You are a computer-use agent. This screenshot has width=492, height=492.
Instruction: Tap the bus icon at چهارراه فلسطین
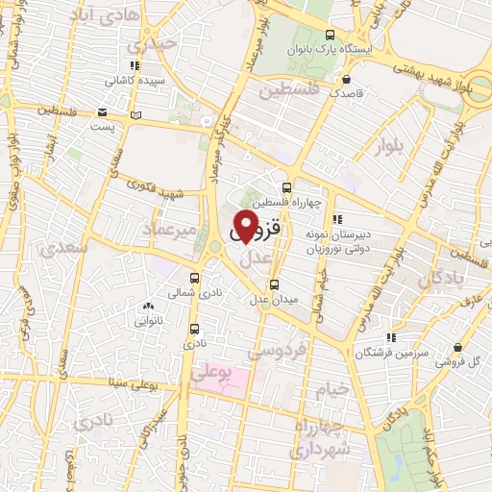pyautogui.click(x=285, y=187)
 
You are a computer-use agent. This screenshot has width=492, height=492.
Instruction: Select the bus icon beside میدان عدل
pyautogui.click(x=275, y=284)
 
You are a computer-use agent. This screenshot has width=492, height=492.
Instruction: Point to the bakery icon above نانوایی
pyautogui.click(x=147, y=307)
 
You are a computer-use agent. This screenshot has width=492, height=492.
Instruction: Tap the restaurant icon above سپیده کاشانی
pyautogui.click(x=135, y=65)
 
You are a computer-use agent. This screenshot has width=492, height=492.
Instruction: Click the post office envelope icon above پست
pyautogui.click(x=103, y=111)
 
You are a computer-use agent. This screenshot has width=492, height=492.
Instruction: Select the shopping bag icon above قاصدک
pyautogui.click(x=346, y=80)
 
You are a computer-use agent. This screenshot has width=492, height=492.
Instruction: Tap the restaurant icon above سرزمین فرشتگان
pyautogui.click(x=390, y=337)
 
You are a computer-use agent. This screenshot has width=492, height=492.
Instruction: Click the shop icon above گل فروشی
pyautogui.click(x=457, y=346)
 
